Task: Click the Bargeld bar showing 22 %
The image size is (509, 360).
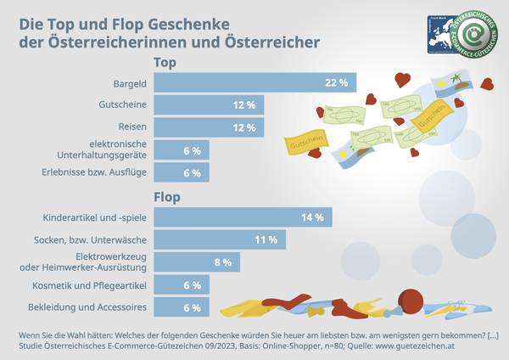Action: [x=255, y=82]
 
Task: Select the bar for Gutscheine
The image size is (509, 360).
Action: [x=209, y=105]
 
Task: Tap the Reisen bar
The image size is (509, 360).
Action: [x=209, y=128]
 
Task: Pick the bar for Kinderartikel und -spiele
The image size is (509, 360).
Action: [x=243, y=218]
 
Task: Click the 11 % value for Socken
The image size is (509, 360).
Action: [x=266, y=240]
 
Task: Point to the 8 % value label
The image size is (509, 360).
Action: [x=222, y=262]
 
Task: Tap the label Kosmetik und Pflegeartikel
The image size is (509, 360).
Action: [x=95, y=285]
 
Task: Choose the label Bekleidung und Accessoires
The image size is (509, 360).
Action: [x=94, y=307]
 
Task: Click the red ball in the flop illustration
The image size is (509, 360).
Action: [x=411, y=298]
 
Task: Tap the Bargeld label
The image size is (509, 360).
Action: [x=130, y=83]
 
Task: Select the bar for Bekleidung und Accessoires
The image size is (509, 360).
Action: [x=182, y=307]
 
